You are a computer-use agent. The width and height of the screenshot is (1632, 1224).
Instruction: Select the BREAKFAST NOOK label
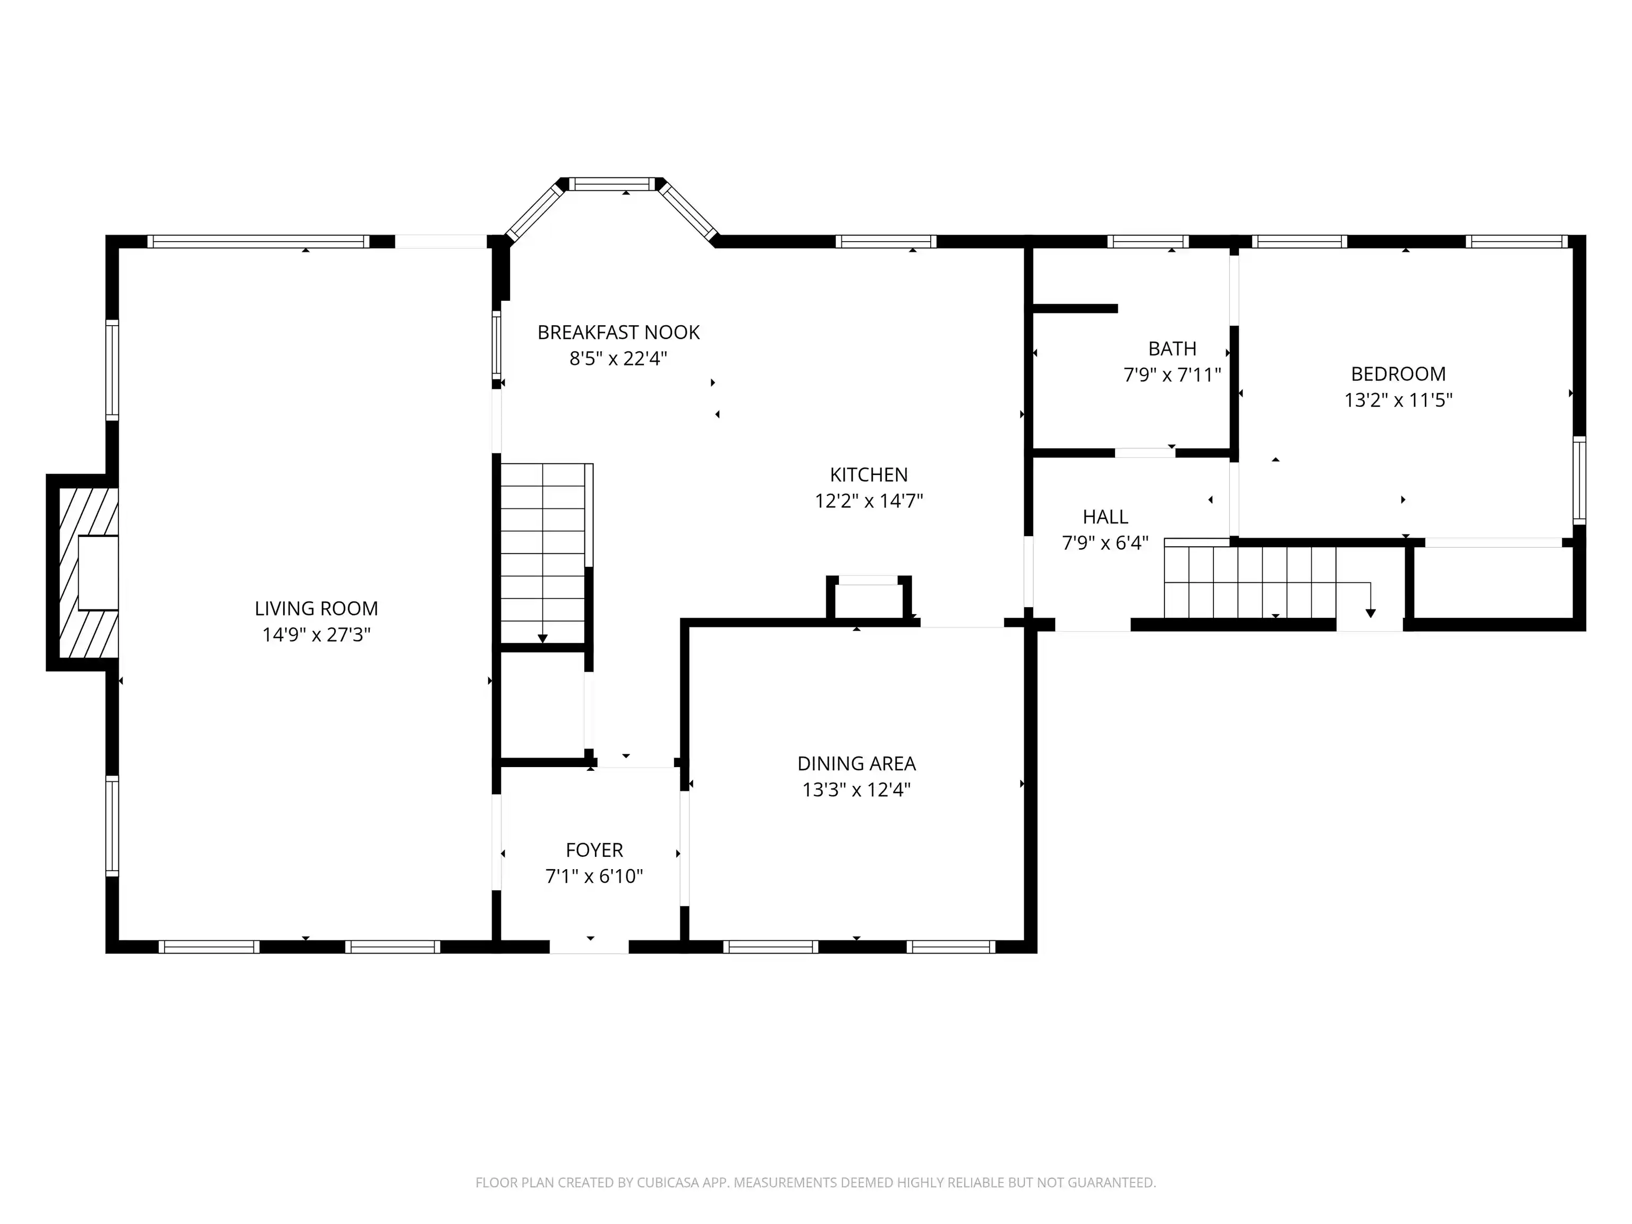point(618,333)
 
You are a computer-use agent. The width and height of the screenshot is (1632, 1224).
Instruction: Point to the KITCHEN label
point(869,475)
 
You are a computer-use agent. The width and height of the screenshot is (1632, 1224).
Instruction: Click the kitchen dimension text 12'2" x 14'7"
point(869,501)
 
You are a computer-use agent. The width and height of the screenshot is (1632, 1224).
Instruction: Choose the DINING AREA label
point(856,763)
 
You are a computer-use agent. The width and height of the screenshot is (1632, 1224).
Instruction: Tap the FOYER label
point(594,851)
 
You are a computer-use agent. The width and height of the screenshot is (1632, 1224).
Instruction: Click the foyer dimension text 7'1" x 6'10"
point(594,877)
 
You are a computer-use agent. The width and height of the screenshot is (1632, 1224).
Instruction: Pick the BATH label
point(1172,349)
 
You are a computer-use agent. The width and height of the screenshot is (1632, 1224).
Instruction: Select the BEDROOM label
point(1398,374)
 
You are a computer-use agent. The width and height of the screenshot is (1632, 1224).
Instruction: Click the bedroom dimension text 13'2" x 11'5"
point(1398,400)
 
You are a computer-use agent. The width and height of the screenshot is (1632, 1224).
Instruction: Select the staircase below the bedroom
point(1250,579)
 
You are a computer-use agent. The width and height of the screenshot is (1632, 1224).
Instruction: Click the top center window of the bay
point(613,184)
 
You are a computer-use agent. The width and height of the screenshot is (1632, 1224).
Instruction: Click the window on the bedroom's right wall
point(1579,480)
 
